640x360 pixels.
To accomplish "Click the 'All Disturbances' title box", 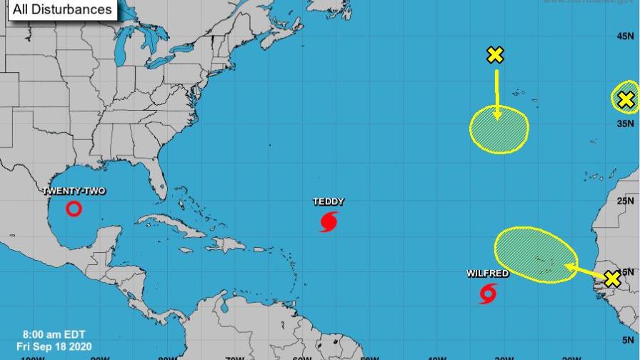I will tap(61, 9).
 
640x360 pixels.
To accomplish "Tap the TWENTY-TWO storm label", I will tap(74, 191).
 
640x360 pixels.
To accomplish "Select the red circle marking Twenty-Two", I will tap(74, 209).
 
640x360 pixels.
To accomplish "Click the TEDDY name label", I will tap(329, 201).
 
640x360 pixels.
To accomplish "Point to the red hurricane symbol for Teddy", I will tap(329, 221).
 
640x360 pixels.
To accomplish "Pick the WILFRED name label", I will tap(488, 274).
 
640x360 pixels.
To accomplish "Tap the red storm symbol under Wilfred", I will tap(489, 294).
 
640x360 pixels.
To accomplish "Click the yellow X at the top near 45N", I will tap(494, 55).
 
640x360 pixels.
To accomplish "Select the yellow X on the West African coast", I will tap(611, 279).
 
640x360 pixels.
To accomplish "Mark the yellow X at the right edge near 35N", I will tap(626, 100).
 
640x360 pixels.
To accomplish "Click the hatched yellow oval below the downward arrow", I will tap(499, 129).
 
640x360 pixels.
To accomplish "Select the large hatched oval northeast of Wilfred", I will tap(536, 254).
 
